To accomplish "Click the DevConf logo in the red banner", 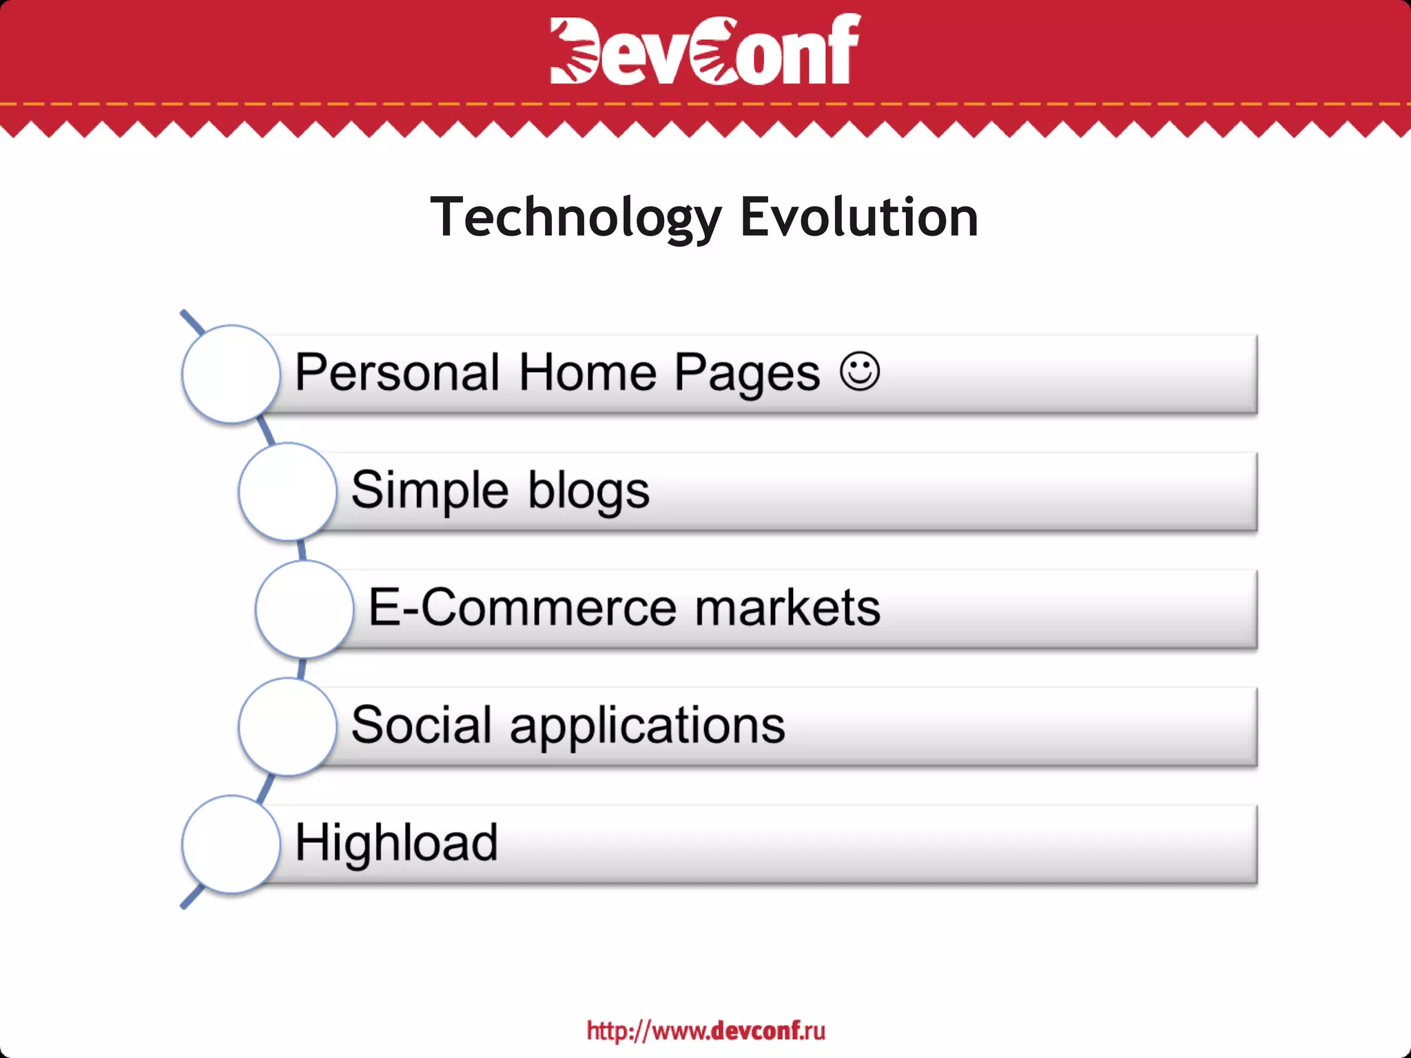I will (705, 50).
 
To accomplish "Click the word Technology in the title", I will (575, 218).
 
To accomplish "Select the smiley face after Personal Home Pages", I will (860, 372).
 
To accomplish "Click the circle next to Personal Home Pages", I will (231, 374).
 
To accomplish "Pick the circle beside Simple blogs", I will (288, 492).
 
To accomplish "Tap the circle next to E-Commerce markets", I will (305, 609).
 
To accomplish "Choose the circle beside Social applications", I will (288, 727).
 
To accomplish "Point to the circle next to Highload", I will (231, 844).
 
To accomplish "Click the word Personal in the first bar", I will (397, 373).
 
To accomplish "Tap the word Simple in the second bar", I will (430, 491).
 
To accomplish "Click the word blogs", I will (588, 491).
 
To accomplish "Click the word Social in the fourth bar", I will (422, 725).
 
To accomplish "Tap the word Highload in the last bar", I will (396, 842).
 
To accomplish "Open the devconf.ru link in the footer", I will (705, 1031).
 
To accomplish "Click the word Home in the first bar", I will (587, 373).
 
